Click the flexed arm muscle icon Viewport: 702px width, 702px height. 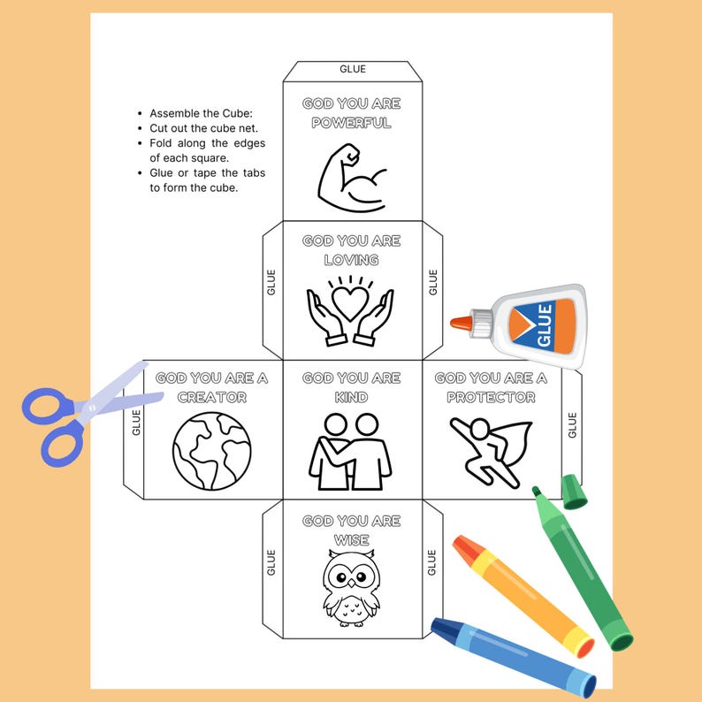352,176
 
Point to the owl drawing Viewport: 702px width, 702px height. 351,585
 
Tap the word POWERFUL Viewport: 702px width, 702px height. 351,123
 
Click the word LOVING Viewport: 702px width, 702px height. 351,260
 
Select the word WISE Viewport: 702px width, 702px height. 351,540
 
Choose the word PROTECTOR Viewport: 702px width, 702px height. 491,397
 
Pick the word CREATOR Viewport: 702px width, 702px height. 211,397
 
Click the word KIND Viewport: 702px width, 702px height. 351,397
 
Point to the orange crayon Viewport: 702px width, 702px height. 522,595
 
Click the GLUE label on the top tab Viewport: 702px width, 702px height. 352,69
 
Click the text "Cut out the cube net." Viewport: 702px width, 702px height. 204,128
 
